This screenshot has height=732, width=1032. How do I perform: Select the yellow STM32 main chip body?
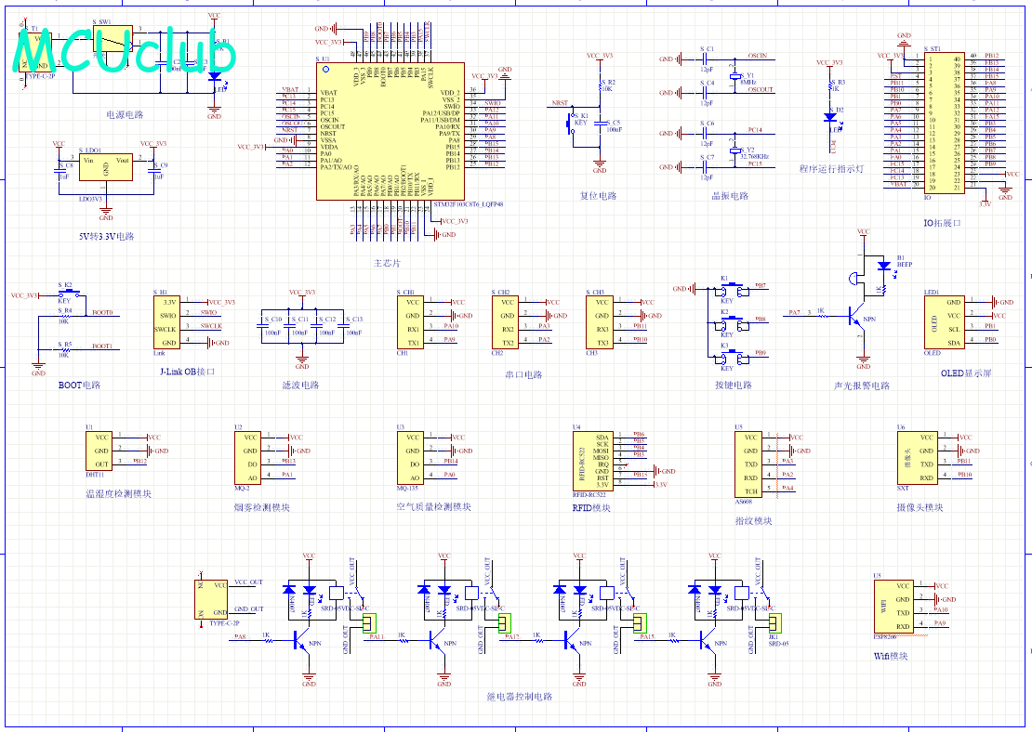390,130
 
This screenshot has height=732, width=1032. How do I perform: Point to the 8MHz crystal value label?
746,82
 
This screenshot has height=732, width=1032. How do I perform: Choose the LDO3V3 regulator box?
105,166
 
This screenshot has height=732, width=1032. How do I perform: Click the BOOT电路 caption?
78,385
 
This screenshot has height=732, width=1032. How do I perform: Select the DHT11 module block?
101,451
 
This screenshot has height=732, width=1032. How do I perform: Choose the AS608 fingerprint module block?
750,462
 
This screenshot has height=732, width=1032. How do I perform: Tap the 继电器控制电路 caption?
519,696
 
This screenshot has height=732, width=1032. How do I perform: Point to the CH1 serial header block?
412,322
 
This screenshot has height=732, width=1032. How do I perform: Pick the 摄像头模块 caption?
920,507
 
